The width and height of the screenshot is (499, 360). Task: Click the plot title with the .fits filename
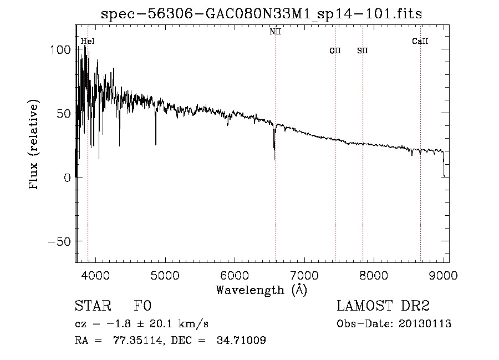pos(262,14)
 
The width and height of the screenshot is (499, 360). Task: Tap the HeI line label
pos(87,41)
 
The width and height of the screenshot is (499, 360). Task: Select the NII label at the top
pos(276,32)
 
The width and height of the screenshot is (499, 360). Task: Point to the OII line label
pos(335,51)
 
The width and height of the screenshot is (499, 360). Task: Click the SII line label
pos(363,51)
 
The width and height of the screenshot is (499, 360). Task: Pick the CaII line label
pos(420,41)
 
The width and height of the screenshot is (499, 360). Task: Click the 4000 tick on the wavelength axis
pos(95,276)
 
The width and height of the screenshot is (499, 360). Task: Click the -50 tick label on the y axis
pos(55,242)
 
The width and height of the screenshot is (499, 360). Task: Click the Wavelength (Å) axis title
pos(261,290)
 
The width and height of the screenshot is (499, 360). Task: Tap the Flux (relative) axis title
pos(34,145)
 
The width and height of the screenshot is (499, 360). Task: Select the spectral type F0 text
pos(142,306)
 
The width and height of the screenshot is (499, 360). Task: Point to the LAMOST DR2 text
pos(383,306)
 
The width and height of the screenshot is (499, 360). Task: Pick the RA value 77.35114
pos(128,341)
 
